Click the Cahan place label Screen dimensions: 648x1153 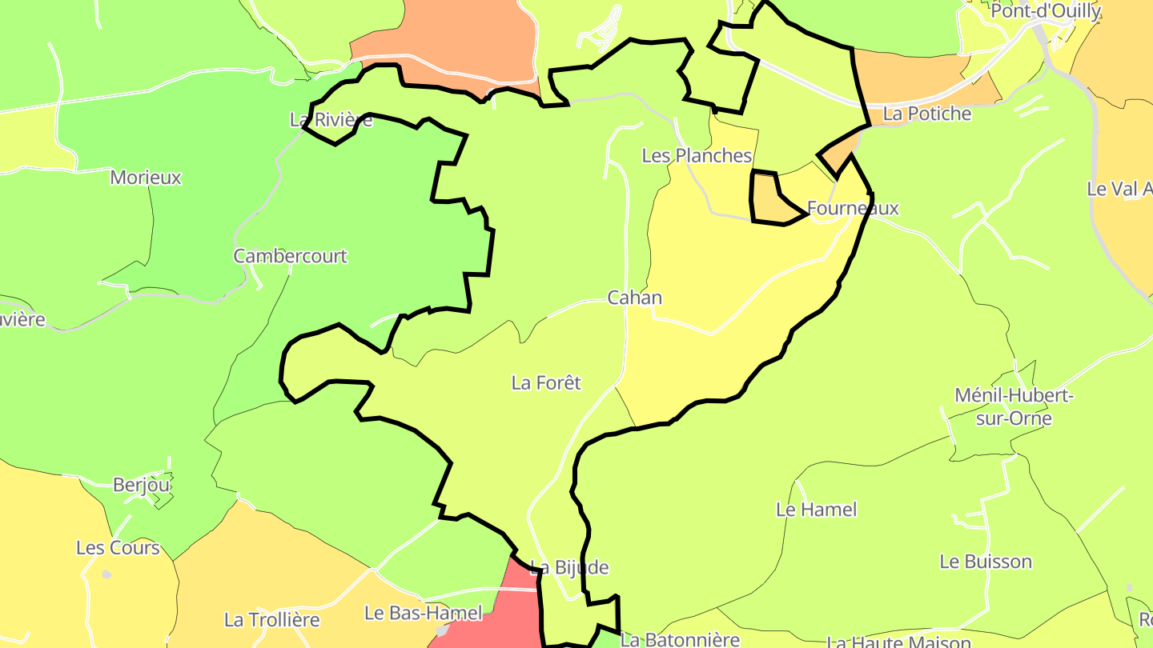click(634, 298)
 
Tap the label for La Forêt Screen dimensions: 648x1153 click(546, 383)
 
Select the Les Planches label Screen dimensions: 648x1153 click(697, 156)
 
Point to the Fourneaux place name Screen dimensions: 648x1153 click(853, 209)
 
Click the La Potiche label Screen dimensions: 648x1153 click(926, 114)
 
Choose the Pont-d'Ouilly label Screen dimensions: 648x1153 click(1045, 12)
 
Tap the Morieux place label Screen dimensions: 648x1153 click(146, 178)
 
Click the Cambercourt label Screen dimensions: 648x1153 click(290, 257)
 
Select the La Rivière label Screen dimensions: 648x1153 click(331, 121)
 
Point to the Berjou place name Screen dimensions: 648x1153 click(142, 485)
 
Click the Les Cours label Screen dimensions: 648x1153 click(118, 549)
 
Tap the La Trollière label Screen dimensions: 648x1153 click(271, 620)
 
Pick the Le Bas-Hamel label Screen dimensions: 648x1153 click(423, 614)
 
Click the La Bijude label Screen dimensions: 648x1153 click(569, 568)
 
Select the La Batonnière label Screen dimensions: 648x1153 click(680, 640)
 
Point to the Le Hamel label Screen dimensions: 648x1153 click(816, 510)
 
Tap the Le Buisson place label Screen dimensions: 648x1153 click(986, 562)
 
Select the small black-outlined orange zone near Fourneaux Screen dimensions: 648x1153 click(766, 198)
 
